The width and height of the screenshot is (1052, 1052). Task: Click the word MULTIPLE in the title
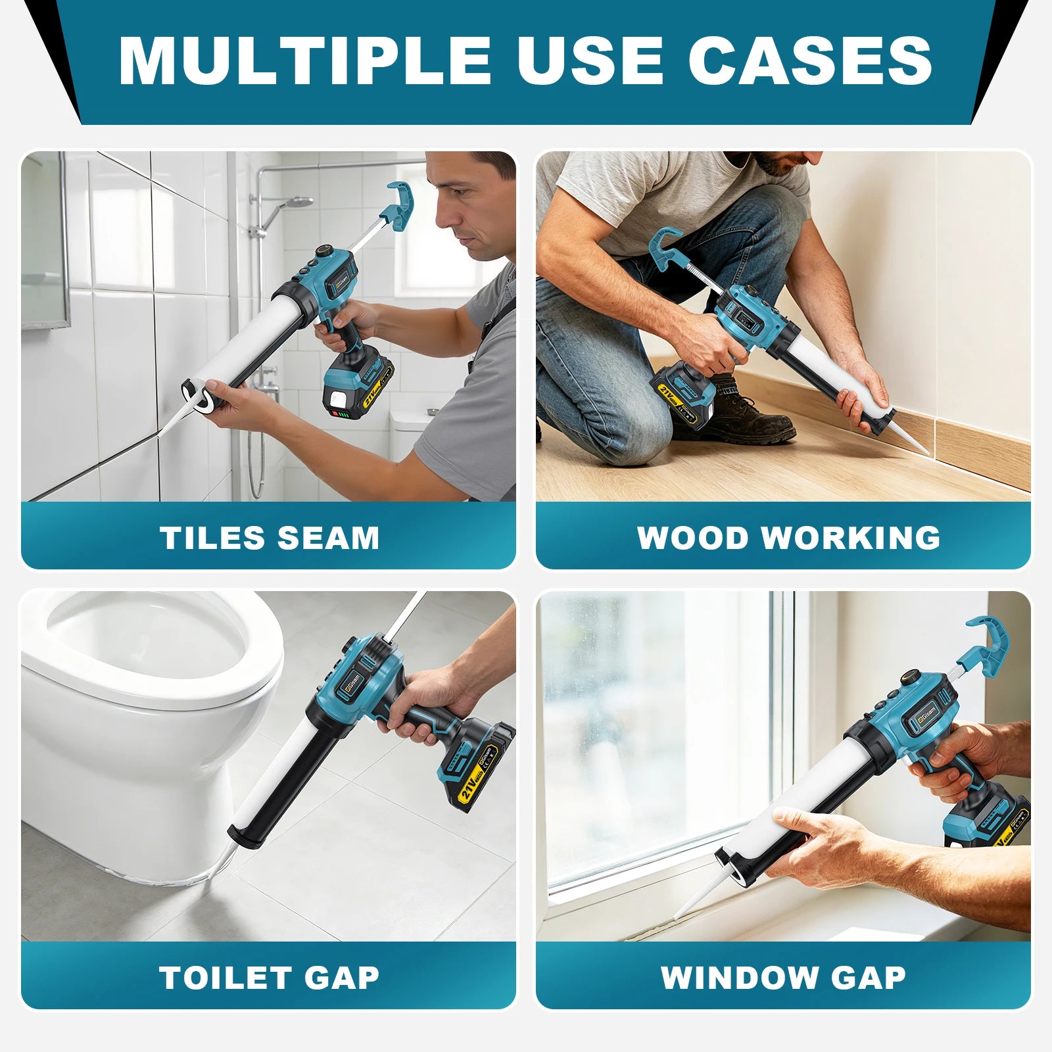[304, 60]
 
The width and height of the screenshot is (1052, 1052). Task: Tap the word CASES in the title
[810, 60]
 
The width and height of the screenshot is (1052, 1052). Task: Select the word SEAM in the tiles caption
[328, 538]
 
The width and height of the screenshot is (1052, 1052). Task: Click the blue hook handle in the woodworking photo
[667, 248]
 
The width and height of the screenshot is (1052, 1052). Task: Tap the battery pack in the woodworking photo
[684, 394]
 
